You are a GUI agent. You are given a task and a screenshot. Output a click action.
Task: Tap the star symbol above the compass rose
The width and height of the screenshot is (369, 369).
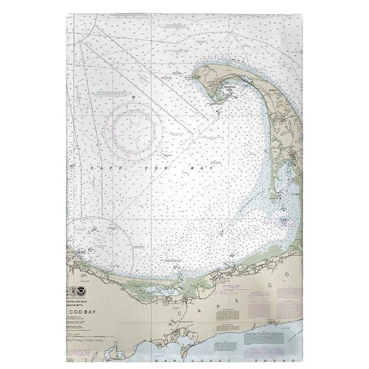(x=134, y=97)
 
